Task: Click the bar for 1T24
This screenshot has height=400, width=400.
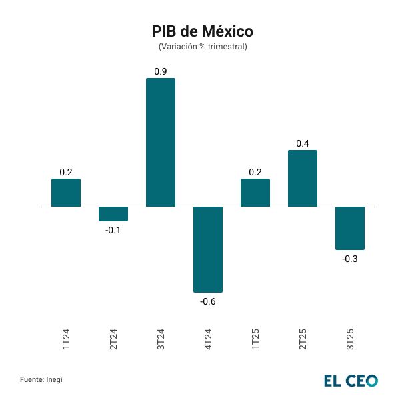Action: coord(66,193)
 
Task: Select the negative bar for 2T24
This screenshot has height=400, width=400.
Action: coord(113,213)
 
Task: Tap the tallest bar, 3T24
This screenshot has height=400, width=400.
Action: coord(161,143)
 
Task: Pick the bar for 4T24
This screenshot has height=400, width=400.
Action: coord(208,249)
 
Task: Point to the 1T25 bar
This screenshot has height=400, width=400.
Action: coord(255,193)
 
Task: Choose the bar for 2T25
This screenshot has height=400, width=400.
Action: coord(303,179)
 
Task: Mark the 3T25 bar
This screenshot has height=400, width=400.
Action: coord(350,228)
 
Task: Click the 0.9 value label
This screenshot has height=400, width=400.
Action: coord(161,71)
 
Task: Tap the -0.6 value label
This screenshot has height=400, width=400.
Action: coord(208,302)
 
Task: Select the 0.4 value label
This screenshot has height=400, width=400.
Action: coord(303,143)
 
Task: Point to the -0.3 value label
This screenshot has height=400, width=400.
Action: coord(350,259)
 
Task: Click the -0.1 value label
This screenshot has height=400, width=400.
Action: coord(113,231)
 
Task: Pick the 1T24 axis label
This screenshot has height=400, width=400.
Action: coord(66,338)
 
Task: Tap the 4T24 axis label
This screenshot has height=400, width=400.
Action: coord(208,338)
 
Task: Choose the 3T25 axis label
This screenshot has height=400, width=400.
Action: coord(350,338)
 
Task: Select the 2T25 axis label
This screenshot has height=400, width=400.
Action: coord(303,338)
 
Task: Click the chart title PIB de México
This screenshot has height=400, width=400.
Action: coord(203,31)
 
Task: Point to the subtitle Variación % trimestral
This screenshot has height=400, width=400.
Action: coord(203,47)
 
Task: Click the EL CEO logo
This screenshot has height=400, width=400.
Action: coord(351,380)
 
